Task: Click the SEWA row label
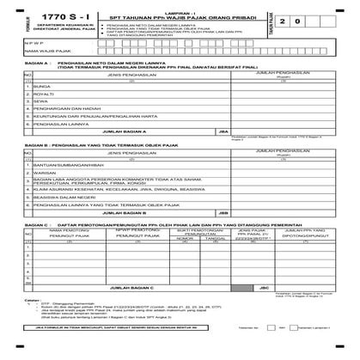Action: (x=34, y=130)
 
